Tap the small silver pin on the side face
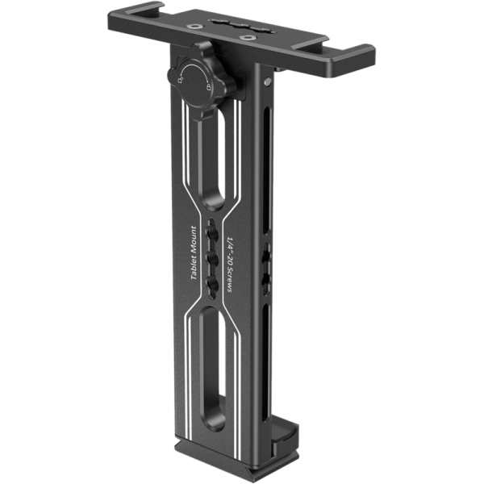(x=267, y=81)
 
